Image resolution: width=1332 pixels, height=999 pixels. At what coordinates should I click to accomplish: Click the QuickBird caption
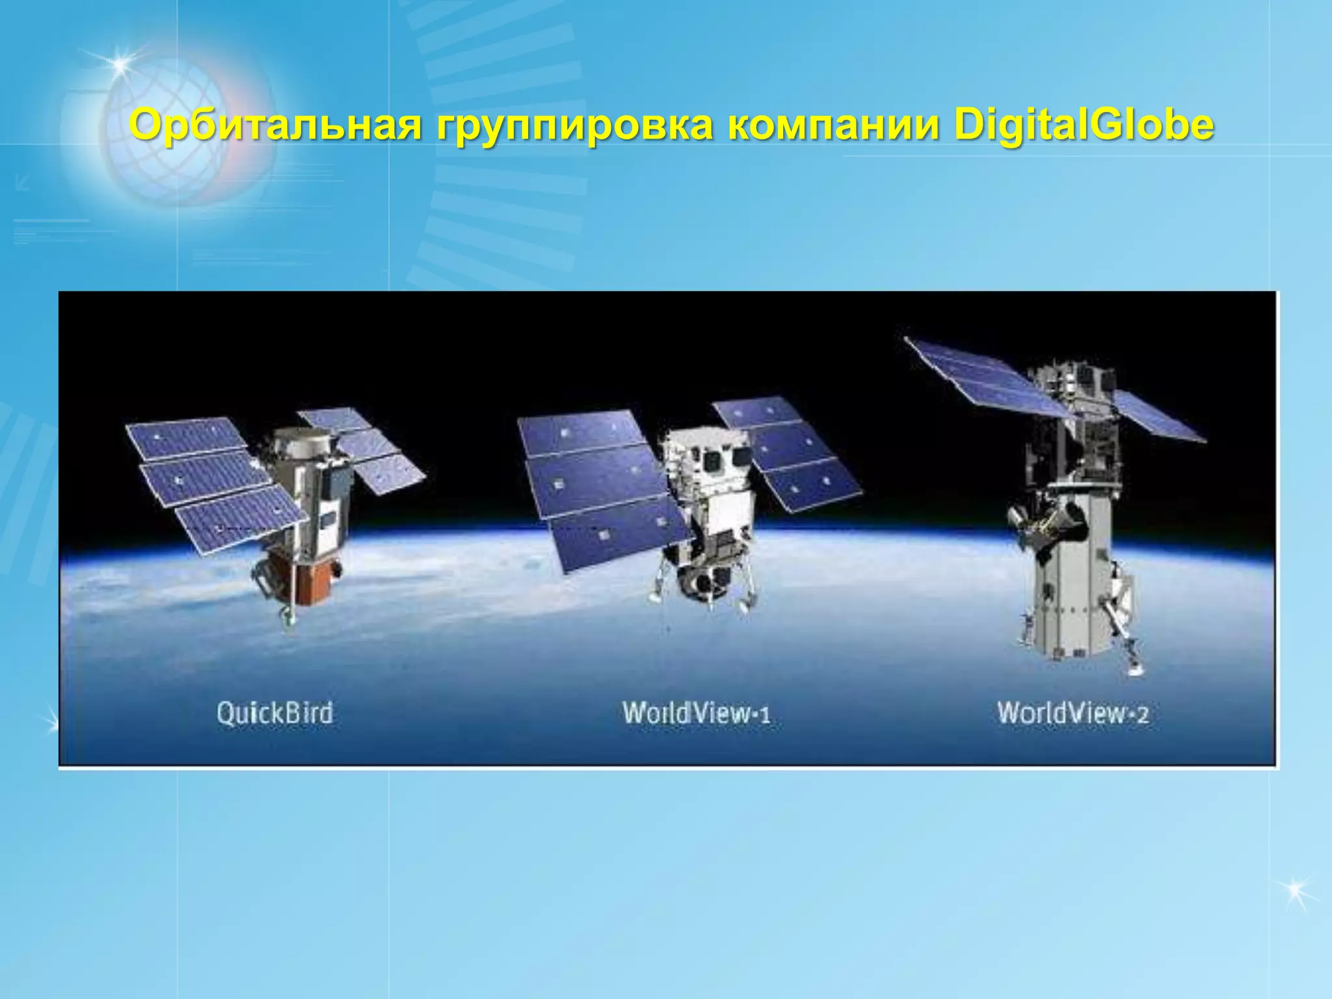click(x=274, y=713)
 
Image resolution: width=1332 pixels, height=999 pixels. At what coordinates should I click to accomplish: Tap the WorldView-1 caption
click(x=697, y=713)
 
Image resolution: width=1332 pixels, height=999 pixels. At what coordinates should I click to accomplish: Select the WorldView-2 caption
click(x=1072, y=713)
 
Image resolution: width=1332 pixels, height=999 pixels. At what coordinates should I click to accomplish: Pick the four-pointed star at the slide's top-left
click(x=118, y=64)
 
